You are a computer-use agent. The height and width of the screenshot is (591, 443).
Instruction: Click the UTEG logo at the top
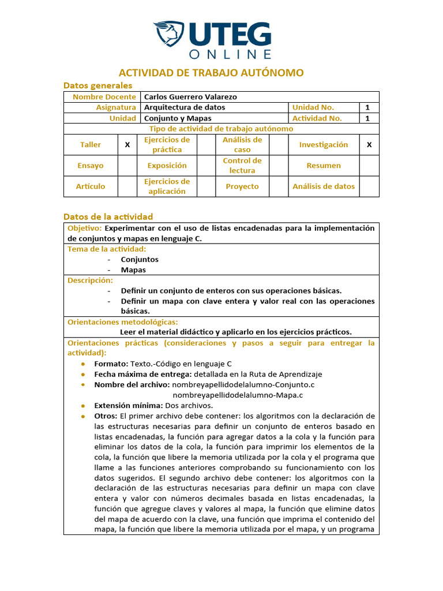pyautogui.click(x=212, y=40)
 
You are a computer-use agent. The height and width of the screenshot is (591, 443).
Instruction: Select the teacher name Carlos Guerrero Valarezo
pyautogui.click(x=190, y=97)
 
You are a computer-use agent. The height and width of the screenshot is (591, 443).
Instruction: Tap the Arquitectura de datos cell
pyautogui.click(x=185, y=107)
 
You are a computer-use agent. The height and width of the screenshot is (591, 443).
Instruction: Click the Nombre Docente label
pyautogui.click(x=104, y=97)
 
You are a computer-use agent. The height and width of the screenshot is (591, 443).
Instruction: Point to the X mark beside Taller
pyautogui.click(x=127, y=145)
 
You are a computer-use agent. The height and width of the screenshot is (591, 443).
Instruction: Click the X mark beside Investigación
pyautogui.click(x=369, y=145)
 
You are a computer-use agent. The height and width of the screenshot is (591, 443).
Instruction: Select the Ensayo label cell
pyautogui.click(x=91, y=166)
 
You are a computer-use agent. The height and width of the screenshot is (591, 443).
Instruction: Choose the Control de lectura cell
pyautogui.click(x=242, y=166)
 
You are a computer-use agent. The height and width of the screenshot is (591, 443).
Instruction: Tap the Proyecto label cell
pyautogui.click(x=242, y=186)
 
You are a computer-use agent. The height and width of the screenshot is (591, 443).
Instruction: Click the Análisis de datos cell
pyautogui.click(x=324, y=186)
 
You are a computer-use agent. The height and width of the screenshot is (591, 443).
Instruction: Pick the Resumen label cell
pyautogui.click(x=324, y=166)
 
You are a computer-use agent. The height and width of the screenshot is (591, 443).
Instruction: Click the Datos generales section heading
pyautogui.click(x=97, y=85)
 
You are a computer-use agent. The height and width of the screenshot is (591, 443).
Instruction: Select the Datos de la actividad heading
pyautogui.click(x=108, y=216)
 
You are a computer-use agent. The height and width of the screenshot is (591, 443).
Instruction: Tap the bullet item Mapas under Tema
pyautogui.click(x=133, y=270)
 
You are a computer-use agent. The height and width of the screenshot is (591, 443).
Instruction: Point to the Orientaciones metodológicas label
pyautogui.click(x=123, y=322)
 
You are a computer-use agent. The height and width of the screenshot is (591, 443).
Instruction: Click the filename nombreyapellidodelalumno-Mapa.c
pyautogui.click(x=238, y=395)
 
